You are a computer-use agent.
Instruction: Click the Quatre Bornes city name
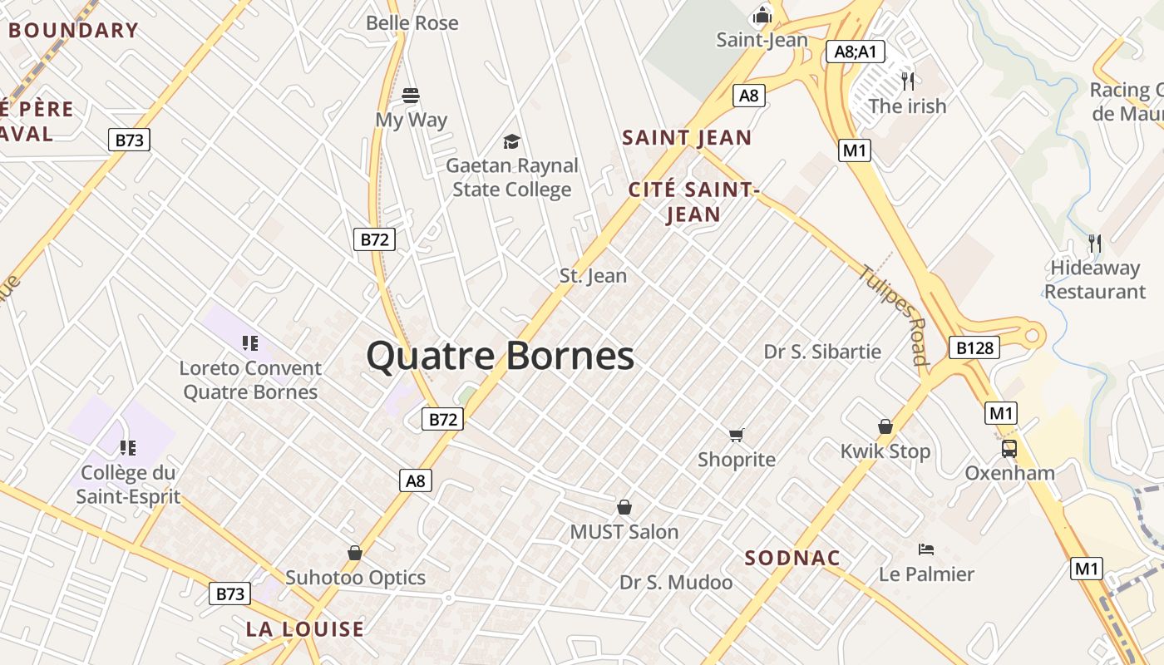(x=500, y=356)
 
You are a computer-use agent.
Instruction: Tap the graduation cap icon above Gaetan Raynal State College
(x=511, y=142)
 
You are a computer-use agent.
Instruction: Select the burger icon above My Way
(x=411, y=95)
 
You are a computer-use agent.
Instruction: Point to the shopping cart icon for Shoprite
(x=736, y=435)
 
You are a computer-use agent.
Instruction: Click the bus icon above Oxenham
(x=1009, y=449)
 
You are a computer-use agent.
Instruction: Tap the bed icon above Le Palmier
(x=926, y=549)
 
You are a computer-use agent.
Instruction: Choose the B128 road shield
(x=974, y=347)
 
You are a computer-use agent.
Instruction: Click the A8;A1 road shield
(x=856, y=52)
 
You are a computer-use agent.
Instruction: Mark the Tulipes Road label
(x=895, y=315)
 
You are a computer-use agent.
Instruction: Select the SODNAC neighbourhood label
(x=792, y=558)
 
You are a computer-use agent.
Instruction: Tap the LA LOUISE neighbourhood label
(x=305, y=629)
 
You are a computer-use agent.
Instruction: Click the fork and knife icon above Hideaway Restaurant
(x=1095, y=244)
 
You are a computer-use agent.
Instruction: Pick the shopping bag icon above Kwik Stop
(x=885, y=426)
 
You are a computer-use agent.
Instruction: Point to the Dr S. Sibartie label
(x=822, y=352)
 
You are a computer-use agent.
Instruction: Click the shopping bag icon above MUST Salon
(x=624, y=507)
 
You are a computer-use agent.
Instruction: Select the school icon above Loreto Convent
(x=250, y=342)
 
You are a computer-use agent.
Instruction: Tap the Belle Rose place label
(x=412, y=22)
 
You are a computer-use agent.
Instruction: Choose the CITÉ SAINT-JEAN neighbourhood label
(x=693, y=202)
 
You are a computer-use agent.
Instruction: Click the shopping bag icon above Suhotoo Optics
(x=355, y=553)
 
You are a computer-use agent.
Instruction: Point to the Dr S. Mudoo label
(x=676, y=583)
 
